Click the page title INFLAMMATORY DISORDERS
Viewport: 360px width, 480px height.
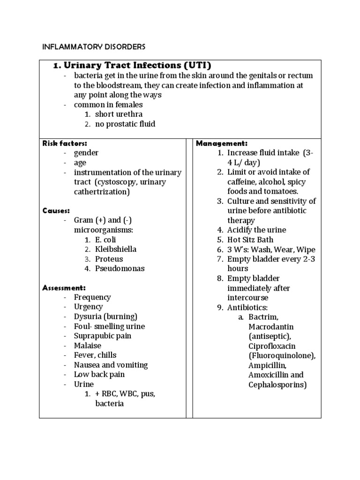click(x=94, y=47)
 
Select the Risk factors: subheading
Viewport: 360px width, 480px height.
click(x=65, y=143)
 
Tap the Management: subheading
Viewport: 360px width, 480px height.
click(x=221, y=143)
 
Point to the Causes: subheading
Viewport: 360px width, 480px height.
click(x=56, y=210)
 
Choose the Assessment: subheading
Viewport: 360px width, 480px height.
click(x=64, y=287)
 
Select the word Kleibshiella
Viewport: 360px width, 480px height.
click(x=116, y=249)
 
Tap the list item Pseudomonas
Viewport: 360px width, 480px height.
click(x=120, y=269)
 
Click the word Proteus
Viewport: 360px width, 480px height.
click(x=109, y=259)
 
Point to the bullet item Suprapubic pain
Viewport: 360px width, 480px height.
click(x=103, y=336)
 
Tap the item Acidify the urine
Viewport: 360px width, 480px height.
click(x=256, y=230)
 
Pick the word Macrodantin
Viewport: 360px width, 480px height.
click(x=271, y=327)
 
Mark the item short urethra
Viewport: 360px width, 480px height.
click(x=119, y=114)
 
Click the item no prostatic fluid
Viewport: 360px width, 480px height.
click(x=125, y=124)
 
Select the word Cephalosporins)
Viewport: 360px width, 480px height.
click(x=277, y=385)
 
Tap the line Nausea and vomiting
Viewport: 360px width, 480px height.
click(x=111, y=365)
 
